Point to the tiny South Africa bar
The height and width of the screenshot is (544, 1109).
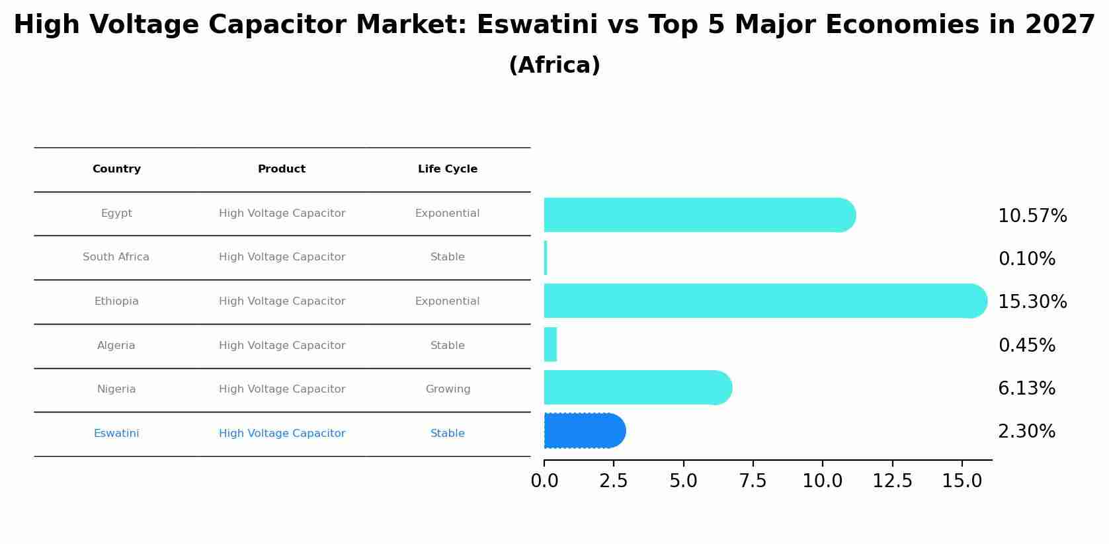point(546,258)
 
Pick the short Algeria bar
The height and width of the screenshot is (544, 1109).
point(550,344)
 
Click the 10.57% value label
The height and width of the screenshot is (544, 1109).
point(1032,216)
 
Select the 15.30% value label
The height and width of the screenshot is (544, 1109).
point(1032,302)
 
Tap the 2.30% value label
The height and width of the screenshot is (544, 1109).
point(1026,432)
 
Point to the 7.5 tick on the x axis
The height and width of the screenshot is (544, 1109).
point(753,481)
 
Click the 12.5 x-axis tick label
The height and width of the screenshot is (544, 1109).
point(892,481)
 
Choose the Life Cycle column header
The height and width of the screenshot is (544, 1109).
point(448,169)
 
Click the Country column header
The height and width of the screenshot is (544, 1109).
point(116,169)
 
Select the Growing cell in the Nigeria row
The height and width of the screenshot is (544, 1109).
point(448,389)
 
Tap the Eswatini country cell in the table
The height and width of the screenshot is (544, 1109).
point(116,434)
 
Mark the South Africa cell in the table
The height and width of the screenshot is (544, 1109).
point(116,257)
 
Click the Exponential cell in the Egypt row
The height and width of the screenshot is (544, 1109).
point(447,214)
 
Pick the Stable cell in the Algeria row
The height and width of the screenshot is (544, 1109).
point(447,346)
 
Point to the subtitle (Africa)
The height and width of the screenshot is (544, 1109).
point(554,65)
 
